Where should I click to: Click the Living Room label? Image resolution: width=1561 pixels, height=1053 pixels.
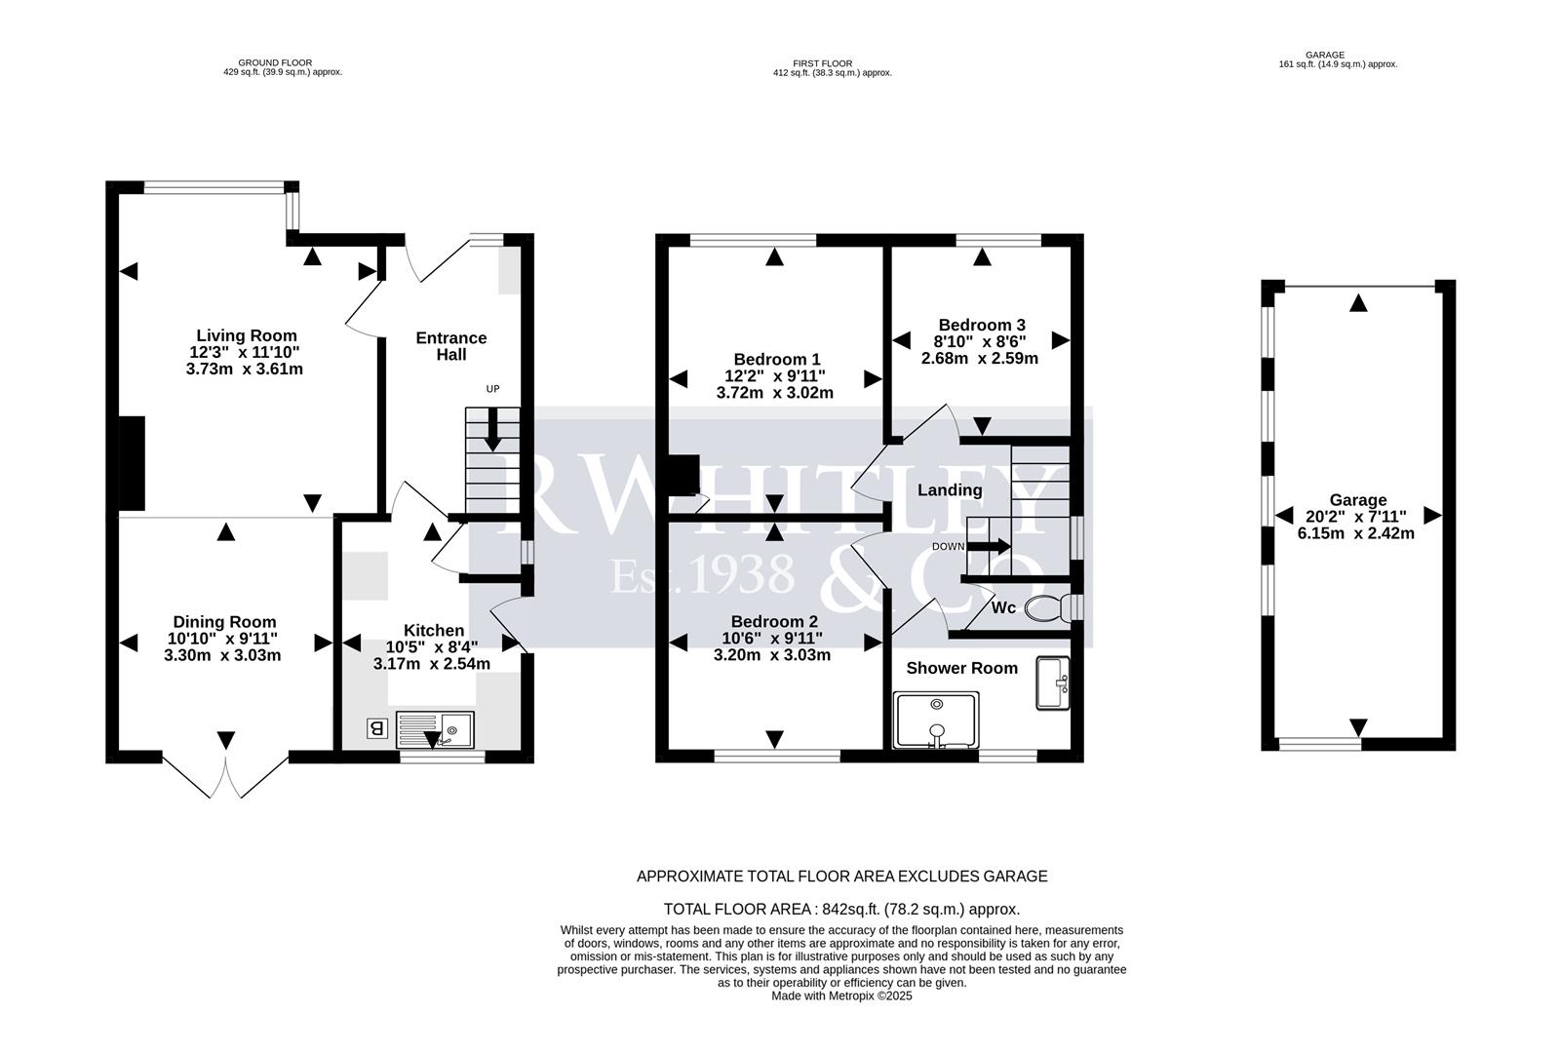click(246, 335)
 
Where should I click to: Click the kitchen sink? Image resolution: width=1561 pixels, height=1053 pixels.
click(436, 728)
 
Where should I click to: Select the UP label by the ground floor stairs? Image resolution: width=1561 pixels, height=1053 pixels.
click(492, 389)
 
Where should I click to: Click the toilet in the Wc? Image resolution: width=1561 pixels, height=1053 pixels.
click(1044, 607)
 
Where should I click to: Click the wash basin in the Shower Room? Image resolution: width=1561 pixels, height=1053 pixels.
click(1053, 682)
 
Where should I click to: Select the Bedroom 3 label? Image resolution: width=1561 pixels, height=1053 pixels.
click(981, 325)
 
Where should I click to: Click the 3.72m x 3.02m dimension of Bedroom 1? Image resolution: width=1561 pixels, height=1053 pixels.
click(774, 393)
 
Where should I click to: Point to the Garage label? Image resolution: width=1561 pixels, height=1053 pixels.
click(1357, 500)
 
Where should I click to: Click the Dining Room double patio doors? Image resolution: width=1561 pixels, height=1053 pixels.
click(226, 775)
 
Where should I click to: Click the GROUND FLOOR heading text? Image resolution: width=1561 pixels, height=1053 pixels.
click(275, 62)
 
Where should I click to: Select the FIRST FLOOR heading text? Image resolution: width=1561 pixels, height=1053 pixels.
click(822, 63)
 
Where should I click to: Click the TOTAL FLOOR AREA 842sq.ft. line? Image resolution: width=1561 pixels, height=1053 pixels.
click(840, 909)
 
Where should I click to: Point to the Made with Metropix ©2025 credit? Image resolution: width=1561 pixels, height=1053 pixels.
click(840, 996)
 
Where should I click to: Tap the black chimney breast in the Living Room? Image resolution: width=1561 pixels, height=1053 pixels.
click(132, 462)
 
